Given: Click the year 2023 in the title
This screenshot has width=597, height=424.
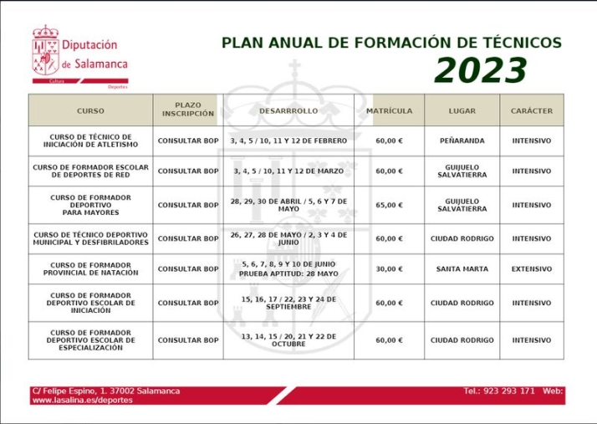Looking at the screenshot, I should (x=480, y=72).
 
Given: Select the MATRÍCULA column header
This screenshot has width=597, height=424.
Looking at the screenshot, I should (x=389, y=110).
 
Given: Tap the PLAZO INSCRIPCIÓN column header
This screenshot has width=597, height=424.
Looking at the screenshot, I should (x=188, y=110).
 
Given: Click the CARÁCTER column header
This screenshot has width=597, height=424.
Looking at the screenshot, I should (x=532, y=110).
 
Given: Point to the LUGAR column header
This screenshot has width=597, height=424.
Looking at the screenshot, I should (x=462, y=110).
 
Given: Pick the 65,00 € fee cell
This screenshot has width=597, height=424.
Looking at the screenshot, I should (x=389, y=205).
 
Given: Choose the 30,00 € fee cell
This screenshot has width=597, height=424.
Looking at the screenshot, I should (x=389, y=269).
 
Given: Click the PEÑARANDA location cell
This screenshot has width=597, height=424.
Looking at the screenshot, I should (x=462, y=140).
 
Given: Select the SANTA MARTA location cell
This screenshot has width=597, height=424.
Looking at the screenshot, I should (x=462, y=269).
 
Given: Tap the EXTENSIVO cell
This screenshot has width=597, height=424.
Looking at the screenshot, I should (x=532, y=269).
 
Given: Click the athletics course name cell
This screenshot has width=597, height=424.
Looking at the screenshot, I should (x=90, y=140).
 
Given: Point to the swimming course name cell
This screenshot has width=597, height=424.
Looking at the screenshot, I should (x=90, y=269).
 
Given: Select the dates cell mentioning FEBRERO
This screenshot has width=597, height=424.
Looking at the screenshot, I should (x=288, y=140).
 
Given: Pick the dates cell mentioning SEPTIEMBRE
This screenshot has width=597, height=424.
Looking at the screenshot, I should (x=288, y=303).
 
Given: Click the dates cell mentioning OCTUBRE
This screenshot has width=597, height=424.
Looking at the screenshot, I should (x=288, y=340).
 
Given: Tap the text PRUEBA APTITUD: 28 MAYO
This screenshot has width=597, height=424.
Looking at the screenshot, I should (x=288, y=274).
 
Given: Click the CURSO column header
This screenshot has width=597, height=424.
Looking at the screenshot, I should (x=90, y=110).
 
